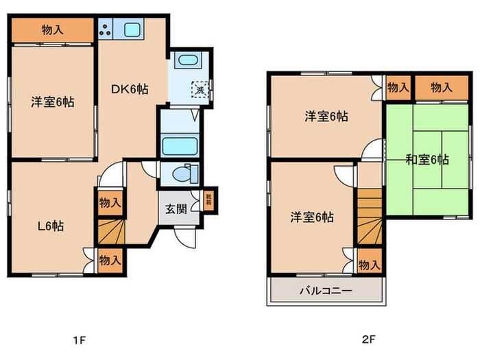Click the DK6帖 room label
tap(130, 88)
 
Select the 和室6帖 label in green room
tap(427, 160)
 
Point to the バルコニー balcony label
tap(326, 291)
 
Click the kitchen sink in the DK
tap(132, 29)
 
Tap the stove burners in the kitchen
tap(107, 29)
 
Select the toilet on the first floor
tap(183, 173)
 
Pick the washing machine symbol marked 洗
tap(200, 89)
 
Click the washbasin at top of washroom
tap(184, 61)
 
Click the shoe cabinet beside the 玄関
tap(207, 200)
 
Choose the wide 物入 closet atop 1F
tap(52, 29)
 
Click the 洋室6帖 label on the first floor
tap(52, 102)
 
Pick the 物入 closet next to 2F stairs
tap(369, 264)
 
